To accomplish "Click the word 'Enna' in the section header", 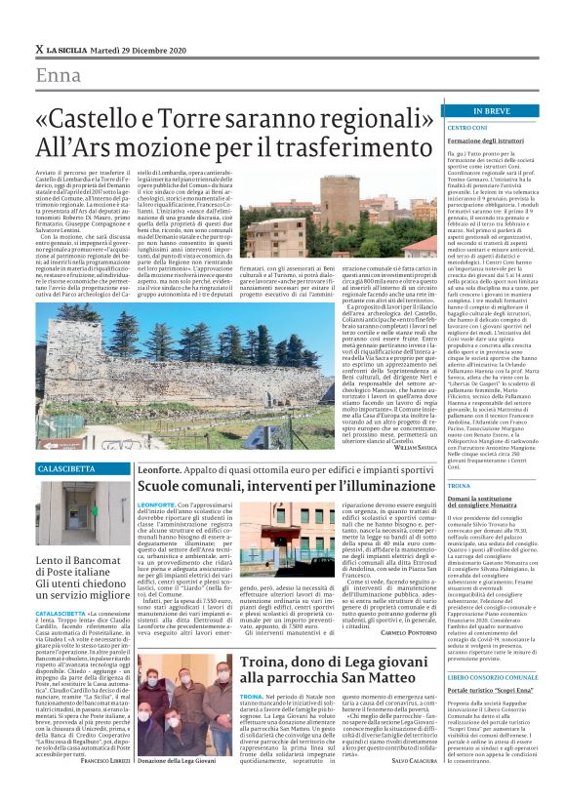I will [59, 76].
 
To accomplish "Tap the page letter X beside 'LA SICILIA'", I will [38, 48].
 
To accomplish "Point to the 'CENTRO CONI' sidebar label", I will [439, 128].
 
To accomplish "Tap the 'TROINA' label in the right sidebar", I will [431, 485].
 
